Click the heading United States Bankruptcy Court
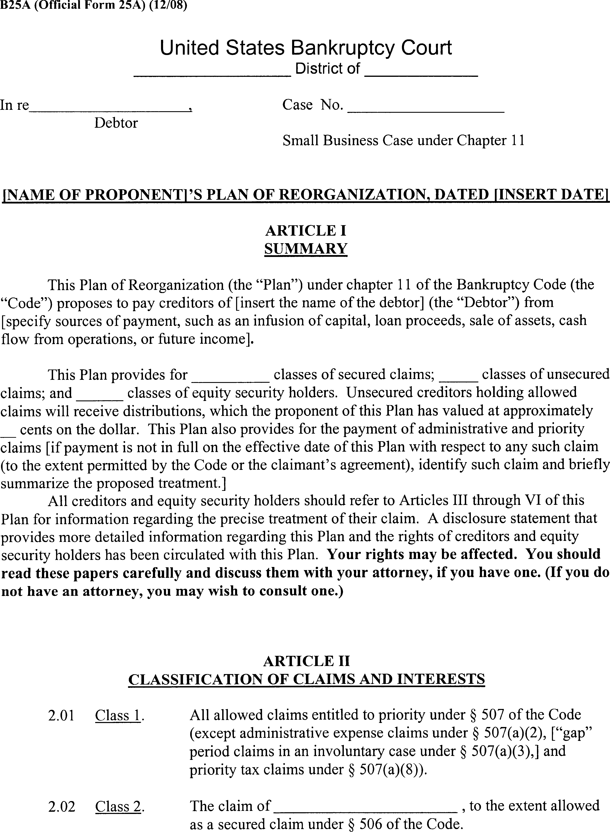click(x=305, y=48)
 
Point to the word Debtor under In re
click(x=116, y=123)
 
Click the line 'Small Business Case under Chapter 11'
click(x=403, y=141)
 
